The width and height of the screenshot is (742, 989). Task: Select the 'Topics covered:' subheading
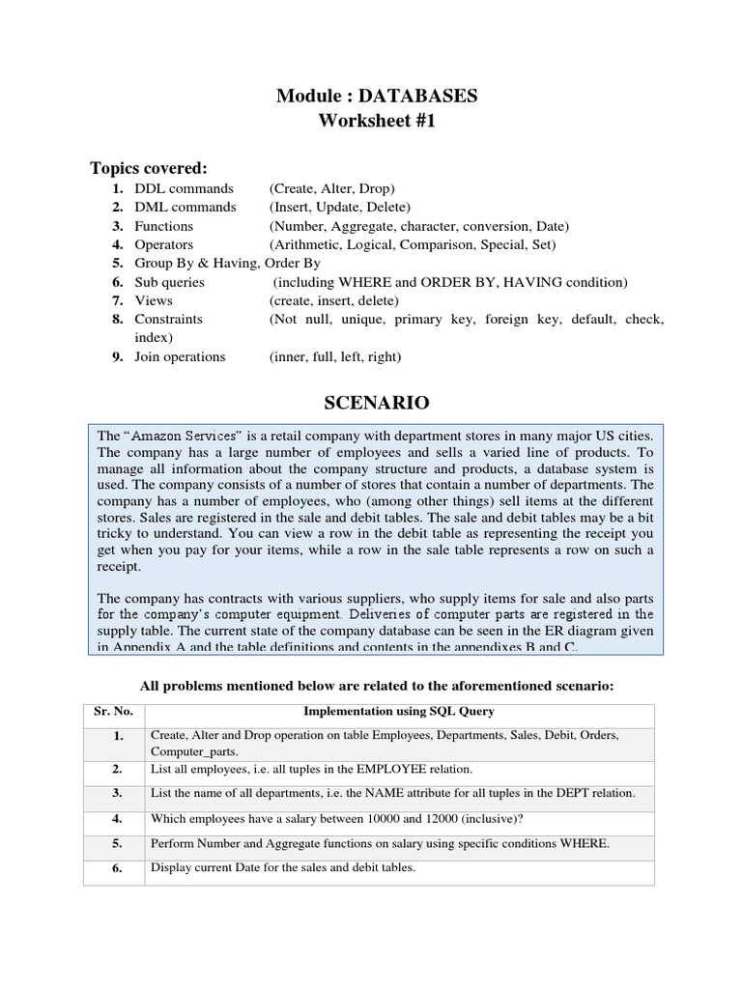[149, 168]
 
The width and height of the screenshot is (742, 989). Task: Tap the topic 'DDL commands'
[184, 188]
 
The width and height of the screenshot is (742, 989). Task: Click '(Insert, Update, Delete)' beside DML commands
[340, 207]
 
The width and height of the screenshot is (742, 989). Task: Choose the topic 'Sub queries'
[169, 282]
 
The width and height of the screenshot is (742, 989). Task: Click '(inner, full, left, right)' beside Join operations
[334, 356]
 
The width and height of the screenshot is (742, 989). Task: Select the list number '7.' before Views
[116, 300]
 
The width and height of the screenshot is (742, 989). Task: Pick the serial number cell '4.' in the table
[116, 818]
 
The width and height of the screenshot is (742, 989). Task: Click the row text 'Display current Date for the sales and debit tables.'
[283, 867]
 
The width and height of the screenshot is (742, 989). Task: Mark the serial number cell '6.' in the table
[116, 868]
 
